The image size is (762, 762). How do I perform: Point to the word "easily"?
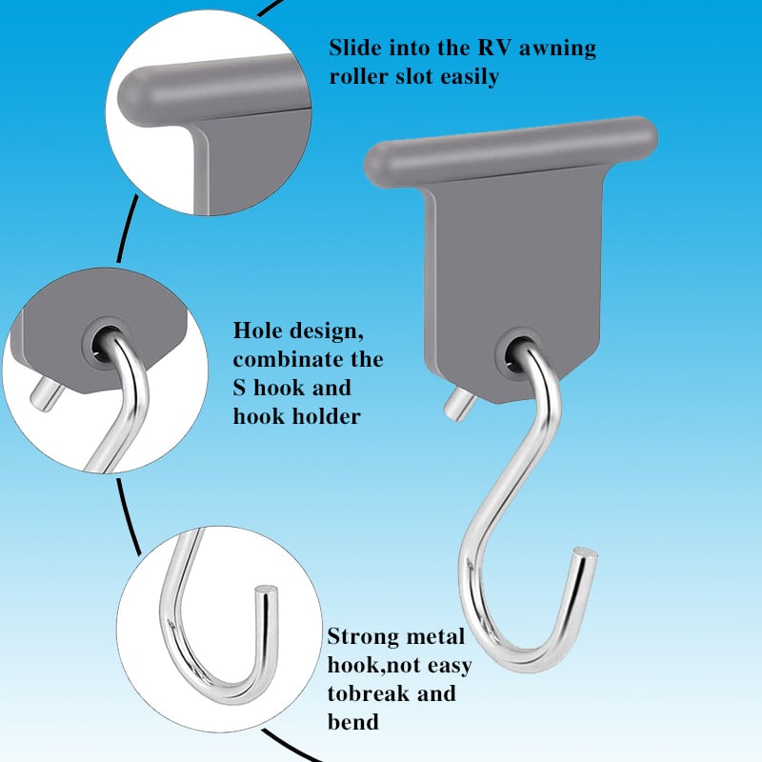467,77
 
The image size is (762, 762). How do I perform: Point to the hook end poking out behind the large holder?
454,404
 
